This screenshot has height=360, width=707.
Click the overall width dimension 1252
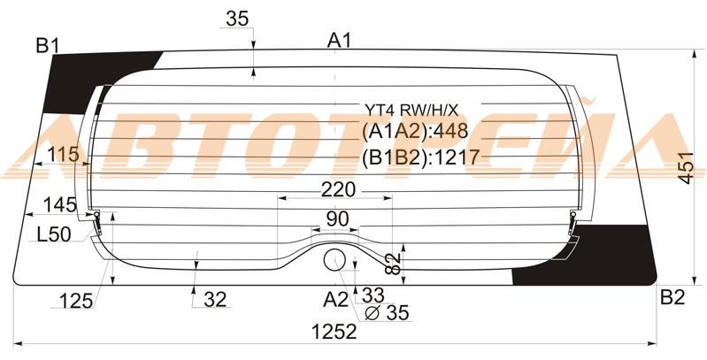(334, 333)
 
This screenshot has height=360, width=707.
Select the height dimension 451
(687, 167)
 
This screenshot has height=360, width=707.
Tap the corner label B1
(49, 45)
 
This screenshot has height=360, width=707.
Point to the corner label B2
(672, 297)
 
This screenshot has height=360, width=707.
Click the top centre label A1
(339, 41)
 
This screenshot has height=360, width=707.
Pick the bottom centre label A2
(336, 300)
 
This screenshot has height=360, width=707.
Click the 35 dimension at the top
(237, 19)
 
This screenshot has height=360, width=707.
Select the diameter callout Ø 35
(387, 312)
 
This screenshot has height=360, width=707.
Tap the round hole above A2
(334, 260)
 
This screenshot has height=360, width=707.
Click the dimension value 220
(338, 190)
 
